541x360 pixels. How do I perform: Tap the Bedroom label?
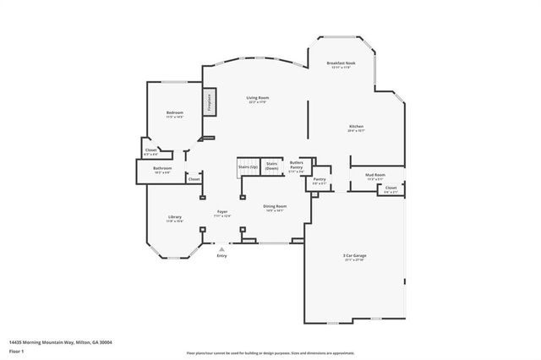175,114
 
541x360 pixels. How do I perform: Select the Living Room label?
258,100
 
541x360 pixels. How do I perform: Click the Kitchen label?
356,128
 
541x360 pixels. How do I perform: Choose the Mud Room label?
375,176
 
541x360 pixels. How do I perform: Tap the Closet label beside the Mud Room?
391,189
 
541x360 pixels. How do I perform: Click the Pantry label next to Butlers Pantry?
320,180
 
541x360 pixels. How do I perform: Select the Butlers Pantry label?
297,166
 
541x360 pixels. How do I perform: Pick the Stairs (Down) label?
271,166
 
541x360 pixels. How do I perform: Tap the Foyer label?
221,213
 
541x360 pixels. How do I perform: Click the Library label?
175,219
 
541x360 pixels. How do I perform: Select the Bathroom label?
162,170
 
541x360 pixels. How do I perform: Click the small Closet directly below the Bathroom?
194,179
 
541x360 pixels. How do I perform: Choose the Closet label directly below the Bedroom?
150,152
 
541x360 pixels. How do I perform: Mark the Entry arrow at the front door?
221,250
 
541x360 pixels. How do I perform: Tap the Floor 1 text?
17,350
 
